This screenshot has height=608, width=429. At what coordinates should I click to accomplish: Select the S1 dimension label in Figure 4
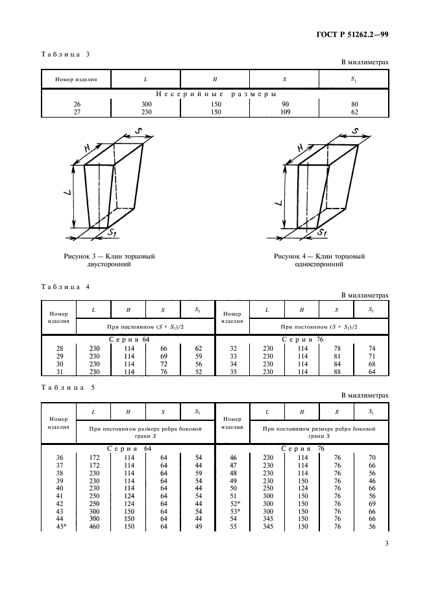pos(322,232)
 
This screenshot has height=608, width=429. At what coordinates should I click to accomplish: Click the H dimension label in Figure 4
pos(300,148)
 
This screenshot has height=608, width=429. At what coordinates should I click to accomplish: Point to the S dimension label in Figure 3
pos(139,133)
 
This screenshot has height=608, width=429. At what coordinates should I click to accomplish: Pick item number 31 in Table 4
pos(59,372)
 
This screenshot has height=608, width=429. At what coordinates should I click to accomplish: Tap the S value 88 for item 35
pos(336,372)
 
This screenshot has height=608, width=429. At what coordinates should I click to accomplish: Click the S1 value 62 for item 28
pos(197,348)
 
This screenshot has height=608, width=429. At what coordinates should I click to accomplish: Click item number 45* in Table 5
pos(59,526)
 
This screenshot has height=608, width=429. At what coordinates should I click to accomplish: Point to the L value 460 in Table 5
pos(93,526)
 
